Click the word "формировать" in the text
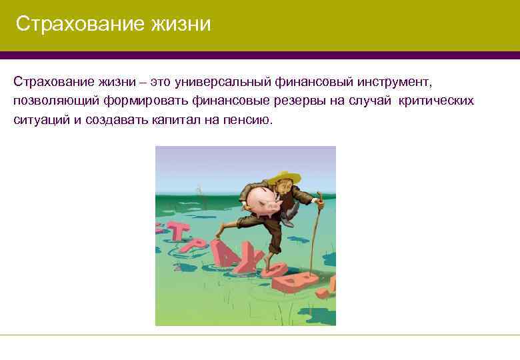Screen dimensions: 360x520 [x=144, y=101]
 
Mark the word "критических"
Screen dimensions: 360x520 [x=437, y=101]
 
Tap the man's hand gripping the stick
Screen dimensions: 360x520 [x=318, y=202]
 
